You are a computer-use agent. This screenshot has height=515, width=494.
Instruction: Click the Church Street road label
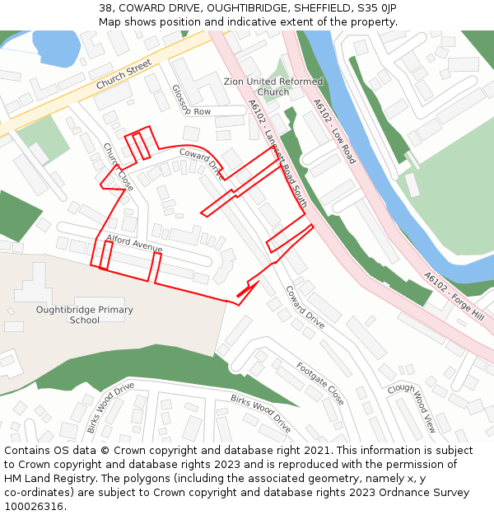coord(123,74)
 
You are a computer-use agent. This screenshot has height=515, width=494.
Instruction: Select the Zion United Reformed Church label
coord(273,87)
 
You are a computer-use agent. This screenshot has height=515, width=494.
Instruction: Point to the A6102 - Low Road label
coord(334,131)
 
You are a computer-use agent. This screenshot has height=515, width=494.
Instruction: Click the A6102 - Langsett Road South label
coord(277,153)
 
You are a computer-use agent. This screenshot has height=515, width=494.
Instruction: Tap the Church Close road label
coord(118,166)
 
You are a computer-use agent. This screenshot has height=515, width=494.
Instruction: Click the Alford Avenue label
coord(134,244)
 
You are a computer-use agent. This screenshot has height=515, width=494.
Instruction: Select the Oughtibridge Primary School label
coord(84,315)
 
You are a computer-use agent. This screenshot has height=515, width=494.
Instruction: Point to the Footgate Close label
coord(320,382)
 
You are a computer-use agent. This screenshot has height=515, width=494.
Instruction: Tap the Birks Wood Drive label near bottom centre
coord(260,413)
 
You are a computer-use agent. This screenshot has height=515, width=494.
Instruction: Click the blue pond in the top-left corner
coord(54,48)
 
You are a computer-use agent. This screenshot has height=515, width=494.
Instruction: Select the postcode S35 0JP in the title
coord(378,7)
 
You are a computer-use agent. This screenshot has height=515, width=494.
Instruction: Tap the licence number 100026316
coord(35,506)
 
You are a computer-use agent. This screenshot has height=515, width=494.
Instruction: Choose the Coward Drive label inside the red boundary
coord(201,162)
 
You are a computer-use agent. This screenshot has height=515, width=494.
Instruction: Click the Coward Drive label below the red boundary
coord(305,307)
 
